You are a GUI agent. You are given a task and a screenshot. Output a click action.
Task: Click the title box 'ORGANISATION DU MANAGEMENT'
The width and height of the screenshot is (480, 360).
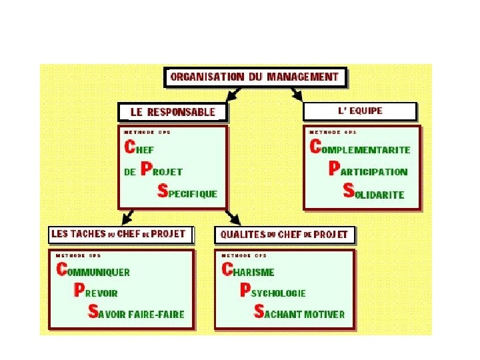coord(255,77)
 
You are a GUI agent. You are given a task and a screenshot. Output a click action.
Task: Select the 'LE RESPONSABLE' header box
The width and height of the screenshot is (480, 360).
coord(173,112)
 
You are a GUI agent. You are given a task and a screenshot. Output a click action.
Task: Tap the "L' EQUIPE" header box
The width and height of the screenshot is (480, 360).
coord(360,111)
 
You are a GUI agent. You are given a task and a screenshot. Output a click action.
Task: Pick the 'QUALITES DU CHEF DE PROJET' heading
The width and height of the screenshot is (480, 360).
coord(284,235)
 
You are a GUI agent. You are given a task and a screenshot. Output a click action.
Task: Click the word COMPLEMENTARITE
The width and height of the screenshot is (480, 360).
coord(361,149)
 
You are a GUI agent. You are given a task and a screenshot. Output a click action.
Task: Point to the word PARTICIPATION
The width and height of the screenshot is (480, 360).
coord(369,171)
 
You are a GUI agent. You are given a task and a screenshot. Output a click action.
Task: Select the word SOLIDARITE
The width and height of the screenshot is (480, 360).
coord(374,193)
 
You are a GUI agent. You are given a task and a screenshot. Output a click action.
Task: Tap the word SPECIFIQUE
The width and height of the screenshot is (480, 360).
coord(188,193)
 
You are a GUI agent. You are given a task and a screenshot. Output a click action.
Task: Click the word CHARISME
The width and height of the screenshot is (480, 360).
coord(247,271)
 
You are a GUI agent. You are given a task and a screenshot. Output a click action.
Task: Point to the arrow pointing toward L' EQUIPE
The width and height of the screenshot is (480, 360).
coord(295,94)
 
